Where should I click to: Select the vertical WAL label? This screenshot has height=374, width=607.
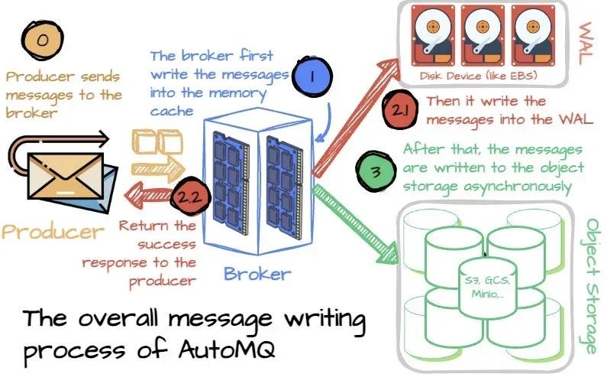tap(586, 35)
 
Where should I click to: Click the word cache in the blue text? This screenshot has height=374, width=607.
tap(173, 111)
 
